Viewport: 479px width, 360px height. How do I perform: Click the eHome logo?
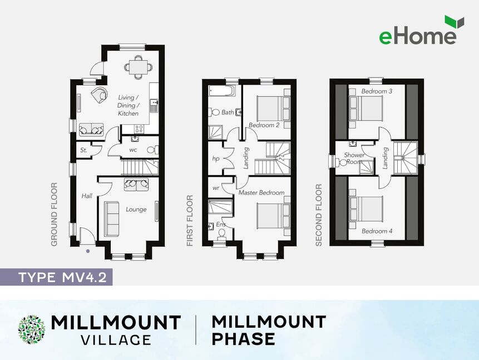click(x=422, y=30)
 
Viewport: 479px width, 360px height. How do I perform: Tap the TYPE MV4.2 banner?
click(x=56, y=277)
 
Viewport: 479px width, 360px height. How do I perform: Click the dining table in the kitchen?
click(x=138, y=67)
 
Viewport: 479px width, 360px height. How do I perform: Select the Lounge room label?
click(x=136, y=210)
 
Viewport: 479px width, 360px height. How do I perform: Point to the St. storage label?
click(x=83, y=150)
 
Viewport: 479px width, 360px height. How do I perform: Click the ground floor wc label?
click(x=133, y=150)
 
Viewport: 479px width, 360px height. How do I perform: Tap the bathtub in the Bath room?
click(x=222, y=91)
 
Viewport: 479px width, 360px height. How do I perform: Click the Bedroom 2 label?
click(x=264, y=125)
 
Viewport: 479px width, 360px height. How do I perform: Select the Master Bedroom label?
click(x=261, y=193)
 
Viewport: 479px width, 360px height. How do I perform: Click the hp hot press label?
click(x=216, y=159)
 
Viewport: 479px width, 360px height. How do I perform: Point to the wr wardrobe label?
click(x=216, y=188)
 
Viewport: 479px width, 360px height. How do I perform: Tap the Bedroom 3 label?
click(x=377, y=91)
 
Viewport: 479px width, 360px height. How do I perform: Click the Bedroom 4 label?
click(x=377, y=231)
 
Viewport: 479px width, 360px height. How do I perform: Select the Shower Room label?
click(x=354, y=158)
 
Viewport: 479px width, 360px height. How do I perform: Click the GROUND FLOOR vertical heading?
click(x=54, y=215)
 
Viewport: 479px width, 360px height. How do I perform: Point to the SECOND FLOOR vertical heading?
click(x=319, y=215)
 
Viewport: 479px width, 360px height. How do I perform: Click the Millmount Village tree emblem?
click(x=32, y=329)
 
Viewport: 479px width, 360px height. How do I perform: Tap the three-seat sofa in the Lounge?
click(x=111, y=219)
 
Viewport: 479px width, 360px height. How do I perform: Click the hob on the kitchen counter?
click(x=139, y=129)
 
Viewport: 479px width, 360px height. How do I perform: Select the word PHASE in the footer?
click(x=243, y=339)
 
